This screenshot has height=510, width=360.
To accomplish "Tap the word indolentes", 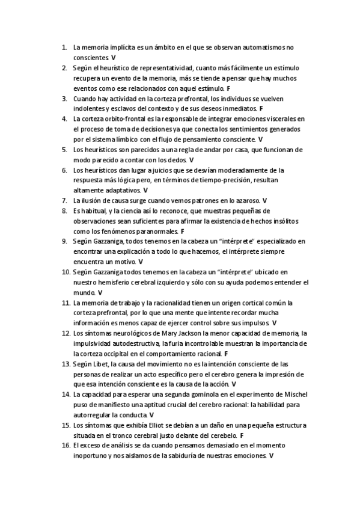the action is [x=89, y=109].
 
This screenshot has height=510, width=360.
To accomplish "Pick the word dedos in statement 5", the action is [x=177, y=161].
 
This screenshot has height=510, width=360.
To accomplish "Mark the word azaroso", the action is [x=246, y=200].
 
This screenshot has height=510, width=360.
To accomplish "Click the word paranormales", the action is [x=155, y=231].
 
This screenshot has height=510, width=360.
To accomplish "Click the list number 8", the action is [x=64, y=210].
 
